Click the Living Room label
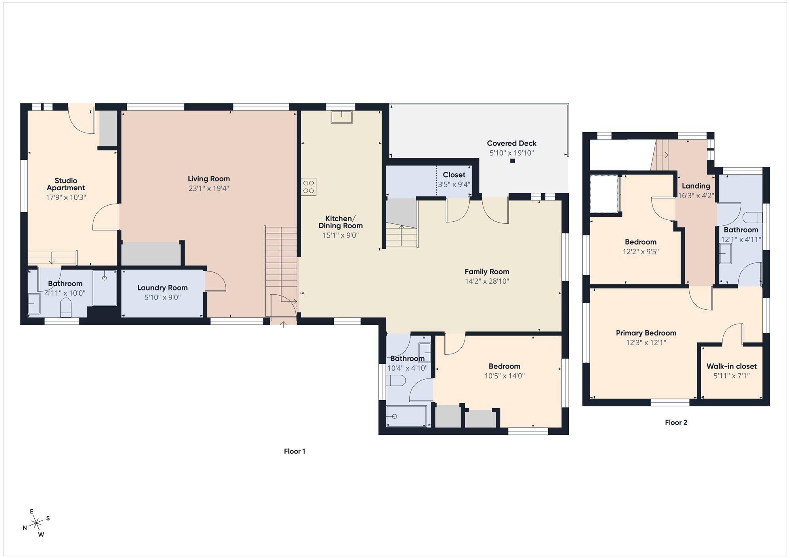tap(209, 179)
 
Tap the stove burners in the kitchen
tap(308, 187)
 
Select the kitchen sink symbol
tap(342, 117)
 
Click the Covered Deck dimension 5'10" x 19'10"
tap(512, 153)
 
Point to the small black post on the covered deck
tap(512, 161)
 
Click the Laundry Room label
tap(162, 288)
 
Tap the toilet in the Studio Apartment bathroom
tap(66, 307)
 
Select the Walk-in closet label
tap(732, 366)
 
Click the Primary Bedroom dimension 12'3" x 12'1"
tap(646, 343)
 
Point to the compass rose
tap(37, 523)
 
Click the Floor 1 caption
tap(295, 451)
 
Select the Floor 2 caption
tap(676, 422)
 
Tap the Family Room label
tap(487, 272)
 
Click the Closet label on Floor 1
tap(454, 174)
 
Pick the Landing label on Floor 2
tap(696, 185)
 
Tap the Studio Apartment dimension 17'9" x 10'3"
tap(66, 197)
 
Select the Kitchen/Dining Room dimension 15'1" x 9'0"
tap(340, 235)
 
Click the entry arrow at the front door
tap(283, 324)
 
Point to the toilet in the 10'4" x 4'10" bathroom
tap(396, 380)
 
